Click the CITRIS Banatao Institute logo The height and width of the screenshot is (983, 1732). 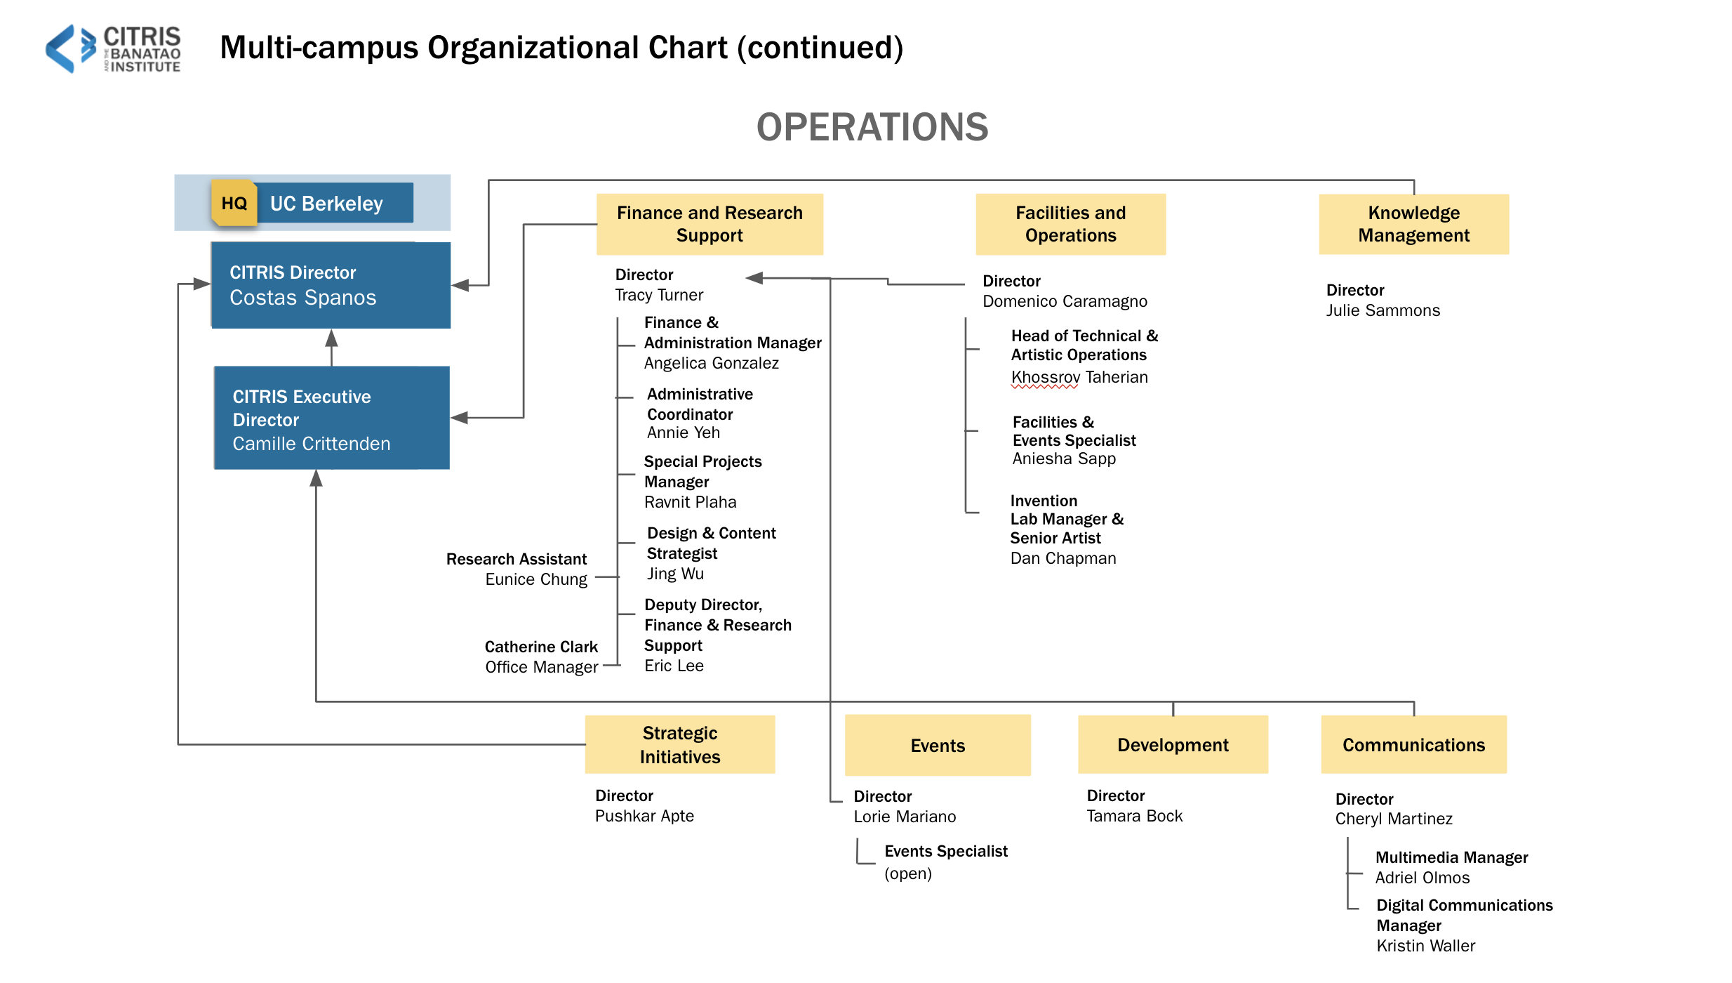click(x=113, y=48)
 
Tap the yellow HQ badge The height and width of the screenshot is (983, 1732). click(x=234, y=203)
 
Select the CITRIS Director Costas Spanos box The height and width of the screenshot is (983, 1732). click(x=331, y=285)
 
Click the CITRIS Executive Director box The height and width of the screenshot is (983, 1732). click(x=332, y=418)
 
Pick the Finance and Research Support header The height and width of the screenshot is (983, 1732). click(x=710, y=224)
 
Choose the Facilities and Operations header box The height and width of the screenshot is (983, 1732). click(x=1071, y=224)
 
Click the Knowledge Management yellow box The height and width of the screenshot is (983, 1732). click(x=1414, y=224)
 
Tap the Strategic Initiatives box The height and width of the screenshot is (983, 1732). click(x=680, y=744)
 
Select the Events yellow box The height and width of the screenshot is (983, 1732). click(x=938, y=745)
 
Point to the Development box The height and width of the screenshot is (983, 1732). click(x=1173, y=744)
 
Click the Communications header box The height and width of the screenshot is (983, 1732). click(x=1414, y=744)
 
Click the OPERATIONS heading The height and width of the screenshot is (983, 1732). click(x=872, y=127)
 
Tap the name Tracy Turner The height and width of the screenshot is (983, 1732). click(x=659, y=295)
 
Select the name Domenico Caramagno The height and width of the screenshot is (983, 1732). click(x=1065, y=301)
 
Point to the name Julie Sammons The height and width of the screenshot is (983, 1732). click(x=1383, y=310)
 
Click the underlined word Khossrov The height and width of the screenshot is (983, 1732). click(x=1046, y=378)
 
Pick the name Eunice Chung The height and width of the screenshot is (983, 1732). click(x=536, y=579)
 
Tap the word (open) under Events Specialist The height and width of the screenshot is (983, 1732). click(x=908, y=873)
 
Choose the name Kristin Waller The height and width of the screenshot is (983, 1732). click(x=1426, y=946)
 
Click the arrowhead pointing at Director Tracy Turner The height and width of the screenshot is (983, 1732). click(x=754, y=278)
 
